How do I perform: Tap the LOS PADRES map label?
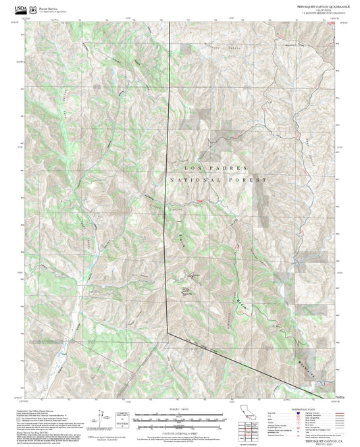(x=216, y=167)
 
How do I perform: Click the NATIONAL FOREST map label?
(x=219, y=180)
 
